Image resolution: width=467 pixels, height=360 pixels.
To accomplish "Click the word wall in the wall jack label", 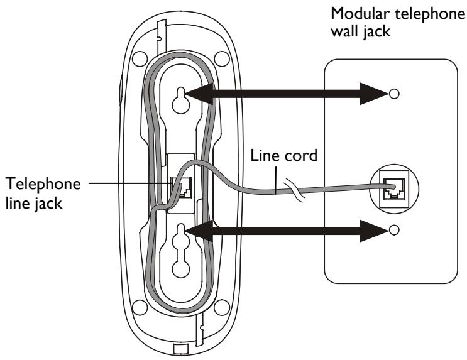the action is click(344, 31).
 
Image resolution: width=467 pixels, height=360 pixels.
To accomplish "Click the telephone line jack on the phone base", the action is click(181, 187).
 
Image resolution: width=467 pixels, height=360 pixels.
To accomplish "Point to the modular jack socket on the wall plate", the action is click(393, 188).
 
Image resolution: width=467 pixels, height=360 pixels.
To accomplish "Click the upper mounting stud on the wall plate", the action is click(393, 94).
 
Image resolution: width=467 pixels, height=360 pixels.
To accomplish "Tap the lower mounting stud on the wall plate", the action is click(393, 230).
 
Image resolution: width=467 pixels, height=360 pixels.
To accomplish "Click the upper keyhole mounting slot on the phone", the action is click(181, 100).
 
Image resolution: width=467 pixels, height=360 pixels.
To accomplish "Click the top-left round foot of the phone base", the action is click(140, 58).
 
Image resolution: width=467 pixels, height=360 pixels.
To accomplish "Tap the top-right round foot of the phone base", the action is click(222, 58).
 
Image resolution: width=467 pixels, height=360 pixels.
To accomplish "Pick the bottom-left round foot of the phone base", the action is click(140, 308).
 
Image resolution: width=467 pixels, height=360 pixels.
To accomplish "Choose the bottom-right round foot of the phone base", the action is click(222, 308).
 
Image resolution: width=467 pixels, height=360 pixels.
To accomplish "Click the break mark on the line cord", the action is click(294, 190).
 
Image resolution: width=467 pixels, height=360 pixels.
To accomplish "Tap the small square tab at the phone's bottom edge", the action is click(181, 349).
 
